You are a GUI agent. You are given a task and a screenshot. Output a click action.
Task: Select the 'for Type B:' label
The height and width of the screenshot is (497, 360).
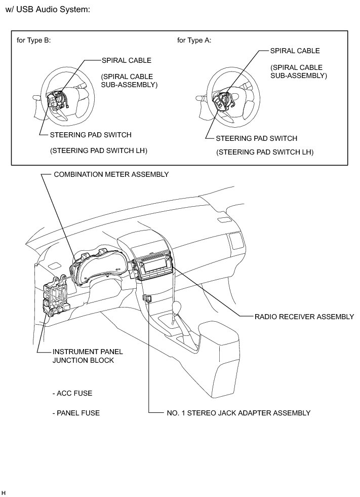click(34, 41)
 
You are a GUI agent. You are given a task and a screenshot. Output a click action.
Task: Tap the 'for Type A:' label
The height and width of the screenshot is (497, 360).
click(194, 41)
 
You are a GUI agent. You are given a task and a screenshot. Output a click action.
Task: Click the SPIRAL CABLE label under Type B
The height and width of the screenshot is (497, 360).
click(127, 60)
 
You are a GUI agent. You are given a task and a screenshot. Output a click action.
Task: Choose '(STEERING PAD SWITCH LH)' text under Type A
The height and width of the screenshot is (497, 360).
click(265, 152)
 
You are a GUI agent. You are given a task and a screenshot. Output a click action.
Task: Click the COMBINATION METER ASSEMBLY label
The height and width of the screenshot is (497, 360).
click(111, 174)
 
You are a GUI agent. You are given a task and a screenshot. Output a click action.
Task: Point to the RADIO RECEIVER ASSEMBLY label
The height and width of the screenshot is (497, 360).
click(304, 317)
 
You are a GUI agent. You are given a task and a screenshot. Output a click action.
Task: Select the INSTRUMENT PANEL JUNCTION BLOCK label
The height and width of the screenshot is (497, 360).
click(88, 356)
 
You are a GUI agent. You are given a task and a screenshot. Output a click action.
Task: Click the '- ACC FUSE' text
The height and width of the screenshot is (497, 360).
click(72, 393)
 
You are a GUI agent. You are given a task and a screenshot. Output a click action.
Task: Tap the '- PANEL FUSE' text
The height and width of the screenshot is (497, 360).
click(76, 413)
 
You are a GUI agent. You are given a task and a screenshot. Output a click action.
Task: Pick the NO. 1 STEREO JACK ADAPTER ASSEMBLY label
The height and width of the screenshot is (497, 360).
click(238, 413)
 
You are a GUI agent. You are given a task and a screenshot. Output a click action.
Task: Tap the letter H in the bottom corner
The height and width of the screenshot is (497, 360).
click(4, 492)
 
